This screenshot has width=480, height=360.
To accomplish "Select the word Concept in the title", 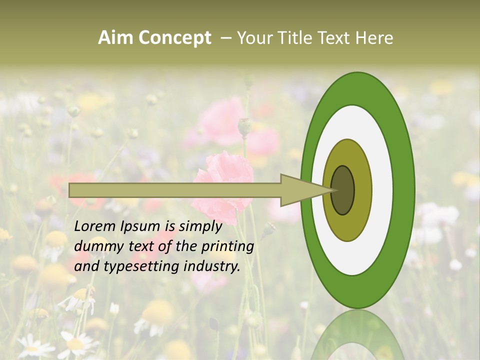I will click(174, 38).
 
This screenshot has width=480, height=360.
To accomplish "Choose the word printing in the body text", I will click(227, 246).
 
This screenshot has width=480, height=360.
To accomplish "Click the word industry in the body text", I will click(212, 266).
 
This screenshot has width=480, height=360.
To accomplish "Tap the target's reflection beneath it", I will click(357, 335).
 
